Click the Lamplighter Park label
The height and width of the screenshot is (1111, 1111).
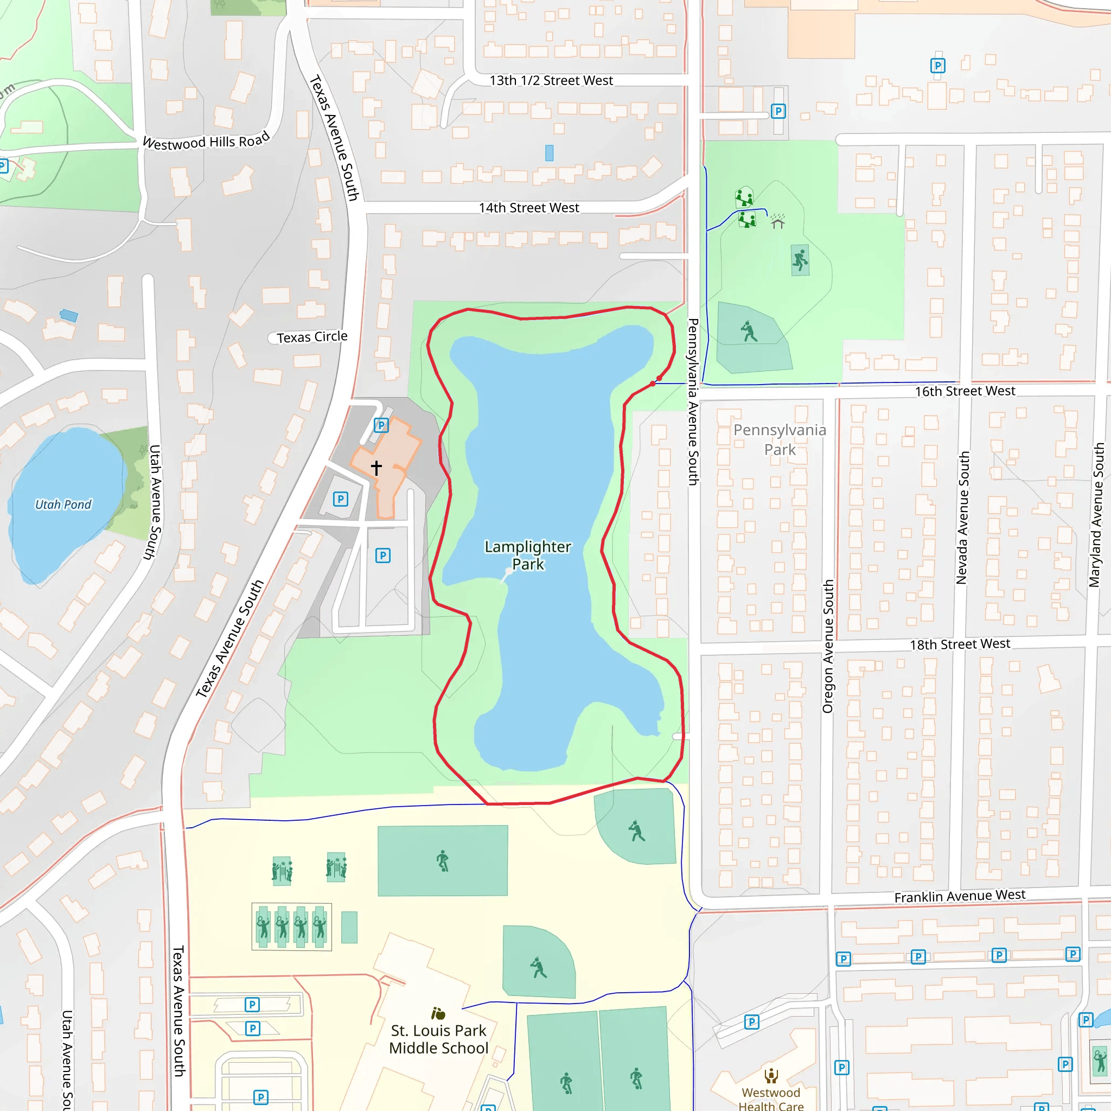click(527, 555)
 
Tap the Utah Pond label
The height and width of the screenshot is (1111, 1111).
click(63, 505)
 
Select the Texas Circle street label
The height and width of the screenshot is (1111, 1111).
click(312, 337)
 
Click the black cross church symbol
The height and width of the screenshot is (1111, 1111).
click(376, 468)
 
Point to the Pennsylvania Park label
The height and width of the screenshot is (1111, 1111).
click(779, 439)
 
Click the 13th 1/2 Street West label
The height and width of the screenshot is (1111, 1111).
click(551, 80)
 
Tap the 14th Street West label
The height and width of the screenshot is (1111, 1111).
click(528, 208)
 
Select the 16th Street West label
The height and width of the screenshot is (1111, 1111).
click(965, 391)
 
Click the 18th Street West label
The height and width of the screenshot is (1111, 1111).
click(959, 644)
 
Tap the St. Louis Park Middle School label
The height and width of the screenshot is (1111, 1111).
click(438, 1039)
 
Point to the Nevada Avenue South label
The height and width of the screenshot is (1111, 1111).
click(963, 518)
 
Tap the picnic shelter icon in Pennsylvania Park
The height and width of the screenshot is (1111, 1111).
click(777, 221)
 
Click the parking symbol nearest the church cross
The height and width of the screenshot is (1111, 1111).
click(381, 425)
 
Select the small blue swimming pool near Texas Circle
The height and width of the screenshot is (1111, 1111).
click(69, 315)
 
